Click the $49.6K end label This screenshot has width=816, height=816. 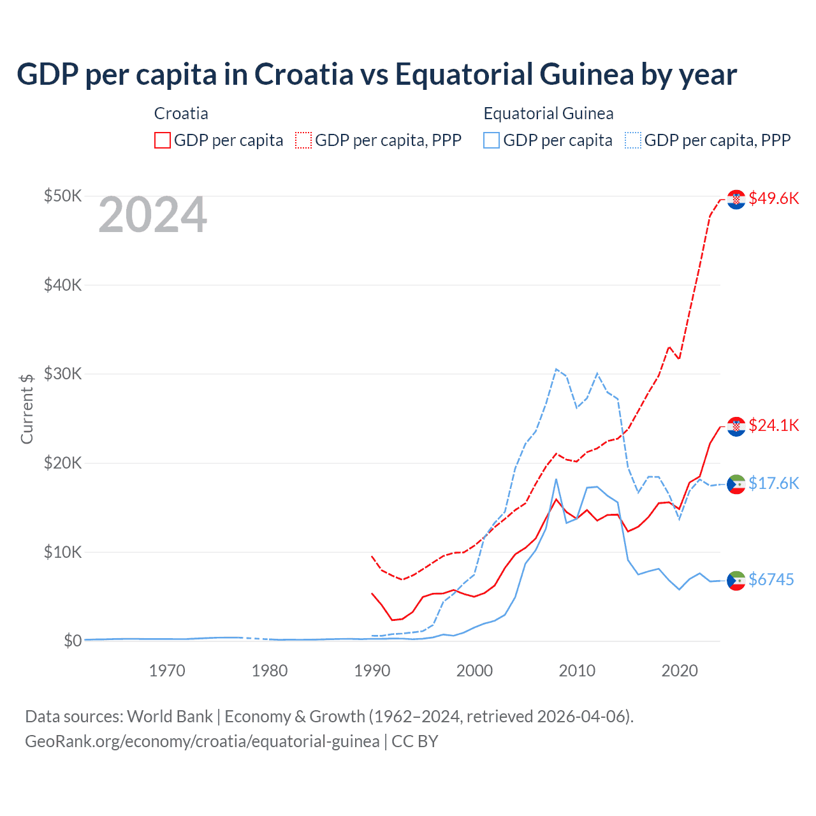point(773,198)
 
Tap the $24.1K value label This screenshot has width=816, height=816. point(773,425)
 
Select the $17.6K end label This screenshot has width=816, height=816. point(773,483)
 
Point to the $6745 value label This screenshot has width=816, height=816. point(771,579)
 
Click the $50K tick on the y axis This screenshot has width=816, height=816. point(62,196)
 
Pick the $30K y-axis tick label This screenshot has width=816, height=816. point(62,374)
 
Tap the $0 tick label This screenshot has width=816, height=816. point(73,641)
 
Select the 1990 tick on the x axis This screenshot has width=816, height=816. point(372,671)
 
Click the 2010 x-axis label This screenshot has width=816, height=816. point(577,671)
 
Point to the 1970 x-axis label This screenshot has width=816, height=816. point(167,671)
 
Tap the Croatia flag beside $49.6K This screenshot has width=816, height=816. point(736,200)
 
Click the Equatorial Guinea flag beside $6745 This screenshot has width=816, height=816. point(736,580)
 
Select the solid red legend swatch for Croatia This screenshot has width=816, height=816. point(163,140)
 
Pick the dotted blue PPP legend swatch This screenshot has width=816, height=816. point(633,140)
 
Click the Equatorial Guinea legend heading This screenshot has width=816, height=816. point(548,113)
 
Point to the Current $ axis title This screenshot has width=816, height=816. point(27,409)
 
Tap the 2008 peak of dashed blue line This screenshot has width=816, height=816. point(556,369)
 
